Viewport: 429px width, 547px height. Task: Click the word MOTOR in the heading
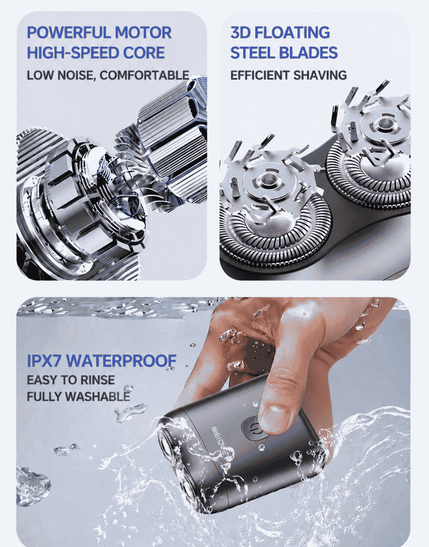(x=143, y=33)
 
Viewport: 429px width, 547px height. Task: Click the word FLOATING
(x=292, y=33)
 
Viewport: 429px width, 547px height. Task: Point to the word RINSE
(x=97, y=380)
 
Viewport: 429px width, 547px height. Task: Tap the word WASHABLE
(x=97, y=397)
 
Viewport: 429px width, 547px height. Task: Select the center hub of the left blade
(x=268, y=180)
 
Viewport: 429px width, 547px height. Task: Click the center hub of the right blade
(x=384, y=123)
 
